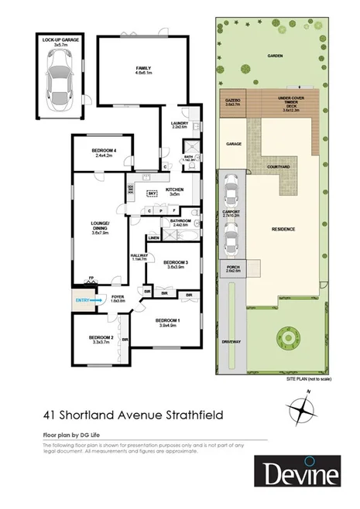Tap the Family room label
(x=143, y=71)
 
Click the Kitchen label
(x=173, y=192)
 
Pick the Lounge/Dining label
(x=98, y=228)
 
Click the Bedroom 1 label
(x=167, y=322)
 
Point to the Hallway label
(x=139, y=257)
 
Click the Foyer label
(x=117, y=298)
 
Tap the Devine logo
(x=299, y=473)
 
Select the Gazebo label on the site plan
(x=231, y=101)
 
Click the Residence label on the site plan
(x=283, y=230)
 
